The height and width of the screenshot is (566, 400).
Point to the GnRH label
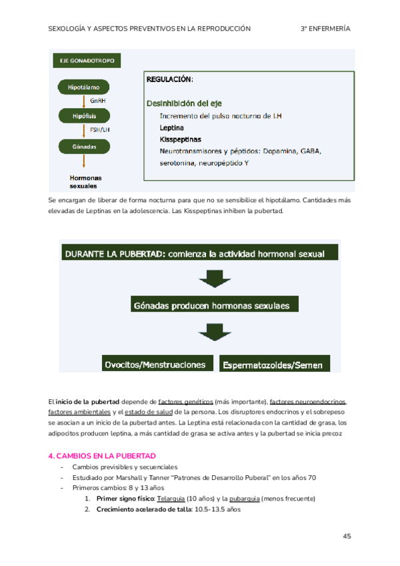pyautogui.click(x=98, y=101)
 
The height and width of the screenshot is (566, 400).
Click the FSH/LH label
pyautogui.click(x=99, y=131)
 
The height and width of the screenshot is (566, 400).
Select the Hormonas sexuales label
pyautogui.click(x=85, y=182)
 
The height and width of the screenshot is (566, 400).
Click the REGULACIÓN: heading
pyautogui.click(x=169, y=80)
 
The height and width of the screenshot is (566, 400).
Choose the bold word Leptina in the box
pyautogui.click(x=172, y=127)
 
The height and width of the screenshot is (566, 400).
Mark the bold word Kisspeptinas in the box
pyautogui.click(x=180, y=139)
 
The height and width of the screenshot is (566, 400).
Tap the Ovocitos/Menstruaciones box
pyautogui.click(x=155, y=364)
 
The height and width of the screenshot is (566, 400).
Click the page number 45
pyautogui.click(x=347, y=537)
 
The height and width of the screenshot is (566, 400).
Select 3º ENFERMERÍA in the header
pyautogui.click(x=325, y=29)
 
